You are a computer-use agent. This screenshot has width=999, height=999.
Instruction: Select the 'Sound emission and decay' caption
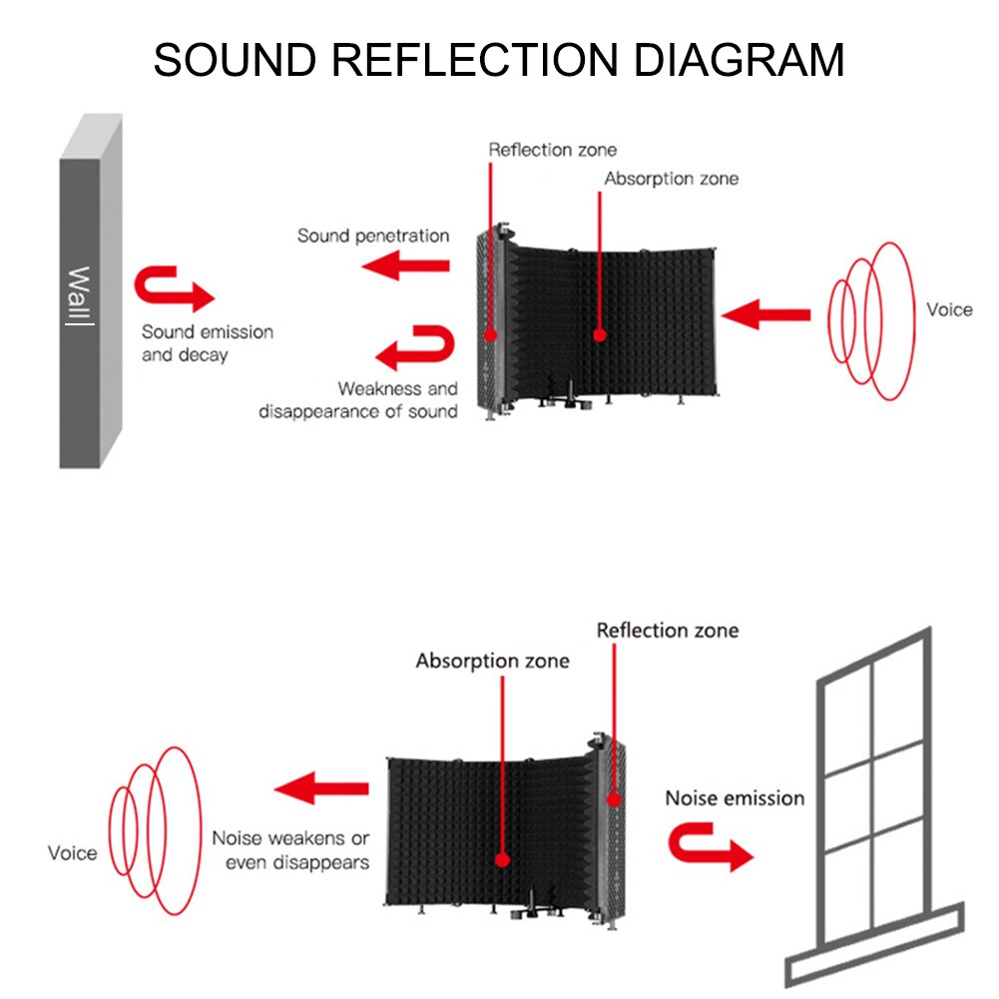tap(207, 343)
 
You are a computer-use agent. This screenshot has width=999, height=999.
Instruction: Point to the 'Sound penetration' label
tap(373, 237)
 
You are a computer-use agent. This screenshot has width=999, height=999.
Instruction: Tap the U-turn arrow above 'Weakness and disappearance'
tap(415, 348)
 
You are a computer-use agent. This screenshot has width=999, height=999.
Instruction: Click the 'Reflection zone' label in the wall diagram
tap(552, 150)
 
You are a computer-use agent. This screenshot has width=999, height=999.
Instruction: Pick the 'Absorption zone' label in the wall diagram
tap(671, 179)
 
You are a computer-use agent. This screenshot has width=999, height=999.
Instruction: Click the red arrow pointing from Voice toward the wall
tap(765, 315)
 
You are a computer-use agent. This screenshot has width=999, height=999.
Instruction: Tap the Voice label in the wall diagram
tap(948, 309)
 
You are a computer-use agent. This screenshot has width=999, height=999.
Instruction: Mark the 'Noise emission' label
tap(735, 797)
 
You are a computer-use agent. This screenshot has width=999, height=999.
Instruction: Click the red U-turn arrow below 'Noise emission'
tap(710, 846)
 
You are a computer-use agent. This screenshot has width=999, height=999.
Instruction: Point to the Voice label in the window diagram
tap(73, 853)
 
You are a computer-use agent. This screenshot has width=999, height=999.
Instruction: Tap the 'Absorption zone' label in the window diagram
tap(492, 661)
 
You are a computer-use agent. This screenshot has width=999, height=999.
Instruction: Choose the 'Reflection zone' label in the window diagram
tap(667, 630)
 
